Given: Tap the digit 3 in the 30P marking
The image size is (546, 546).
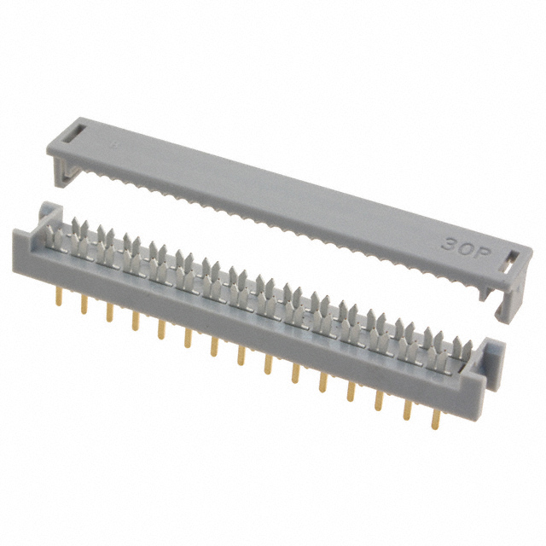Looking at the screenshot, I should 449,238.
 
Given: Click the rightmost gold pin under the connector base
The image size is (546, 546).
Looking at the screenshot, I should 435,418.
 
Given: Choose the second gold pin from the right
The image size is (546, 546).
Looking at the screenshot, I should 406,409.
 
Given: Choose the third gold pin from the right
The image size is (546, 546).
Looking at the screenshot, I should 378,399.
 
